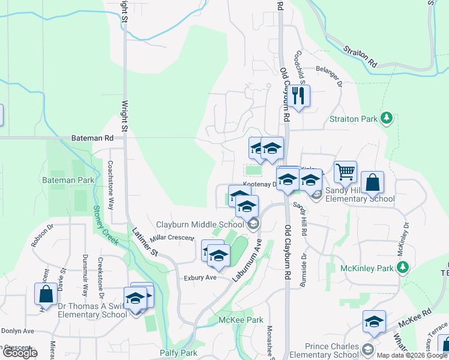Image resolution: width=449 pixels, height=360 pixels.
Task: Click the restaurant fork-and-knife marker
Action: point(298,95)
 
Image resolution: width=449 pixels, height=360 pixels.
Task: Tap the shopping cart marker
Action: point(345,172)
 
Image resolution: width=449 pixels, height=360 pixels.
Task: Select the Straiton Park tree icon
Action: point(388,118)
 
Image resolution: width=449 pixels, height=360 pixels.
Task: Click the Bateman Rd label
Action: point(92,138)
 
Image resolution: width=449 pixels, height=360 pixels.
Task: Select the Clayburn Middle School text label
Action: point(200,224)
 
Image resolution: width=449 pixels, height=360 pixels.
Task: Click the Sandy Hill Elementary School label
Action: point(360,194)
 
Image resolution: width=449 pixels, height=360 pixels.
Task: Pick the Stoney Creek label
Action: point(106,226)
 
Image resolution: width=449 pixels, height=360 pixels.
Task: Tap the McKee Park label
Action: point(241,320)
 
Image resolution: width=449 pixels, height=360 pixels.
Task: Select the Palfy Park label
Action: point(178,353)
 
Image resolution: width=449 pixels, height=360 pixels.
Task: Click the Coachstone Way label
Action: point(110,184)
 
